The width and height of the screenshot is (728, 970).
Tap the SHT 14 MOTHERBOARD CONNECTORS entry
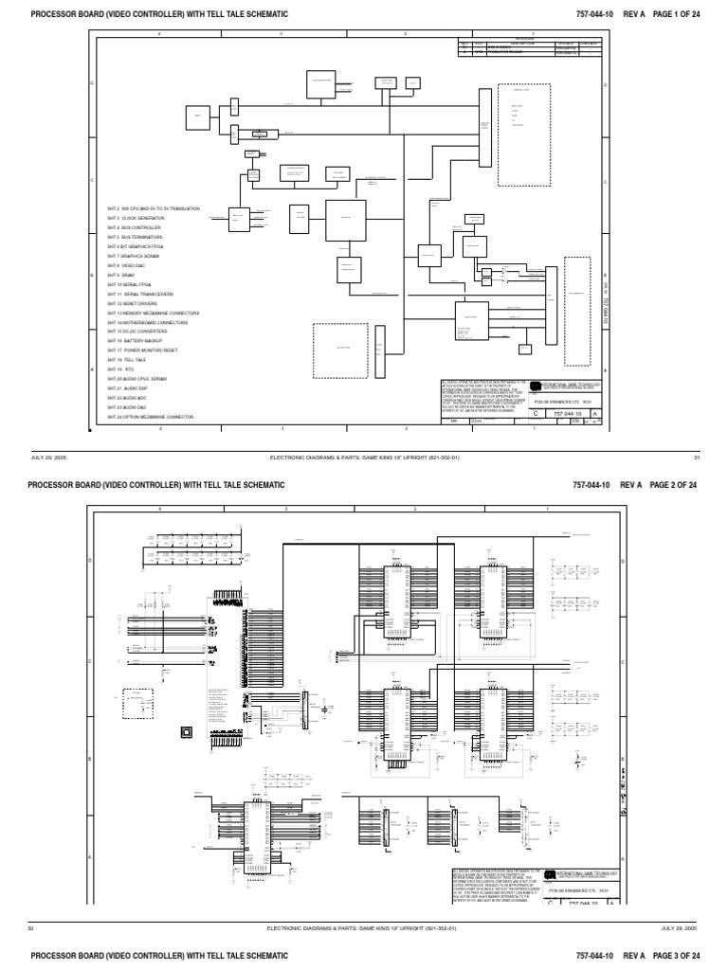coord(147,322)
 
